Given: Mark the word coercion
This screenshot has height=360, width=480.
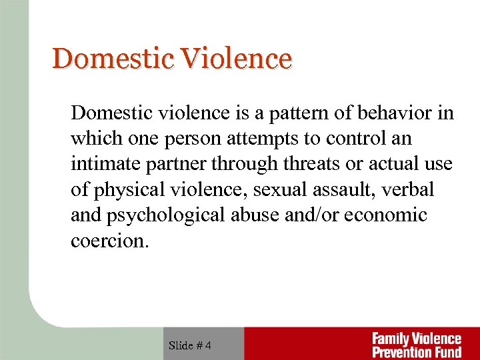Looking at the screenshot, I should click(109, 241).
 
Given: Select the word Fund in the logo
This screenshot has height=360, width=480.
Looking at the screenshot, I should click(445, 351).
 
